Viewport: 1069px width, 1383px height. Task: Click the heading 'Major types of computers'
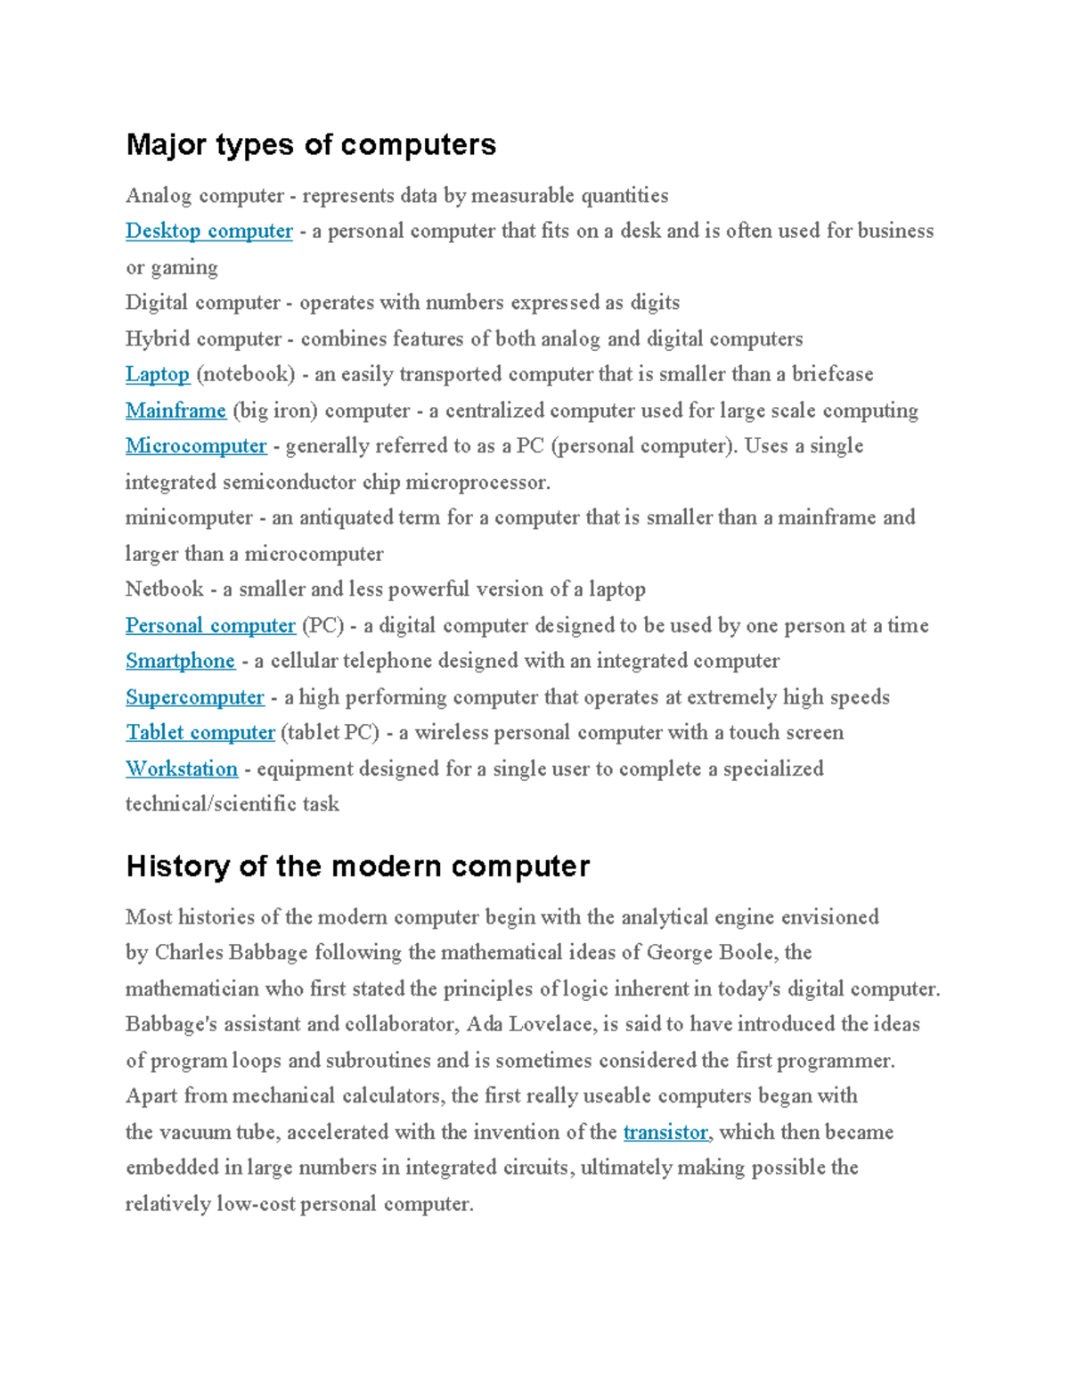[x=311, y=144]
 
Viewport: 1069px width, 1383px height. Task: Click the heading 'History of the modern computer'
[x=357, y=866]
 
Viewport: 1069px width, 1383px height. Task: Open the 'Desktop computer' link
[x=208, y=232]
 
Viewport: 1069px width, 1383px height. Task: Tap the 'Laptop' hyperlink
[x=158, y=375]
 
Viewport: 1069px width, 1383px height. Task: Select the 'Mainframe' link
[x=175, y=411]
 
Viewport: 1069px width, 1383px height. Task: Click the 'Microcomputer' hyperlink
[x=196, y=446]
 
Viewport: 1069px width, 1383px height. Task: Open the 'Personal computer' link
[x=210, y=626]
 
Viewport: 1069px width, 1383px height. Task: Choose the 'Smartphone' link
[x=180, y=662]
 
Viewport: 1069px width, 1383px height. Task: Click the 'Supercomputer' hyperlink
[x=194, y=697]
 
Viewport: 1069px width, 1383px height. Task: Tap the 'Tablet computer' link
[x=200, y=733]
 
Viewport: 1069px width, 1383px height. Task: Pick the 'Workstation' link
[x=182, y=769]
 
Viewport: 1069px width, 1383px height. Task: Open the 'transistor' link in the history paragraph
[x=665, y=1133]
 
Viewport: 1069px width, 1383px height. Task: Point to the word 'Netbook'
[x=165, y=590]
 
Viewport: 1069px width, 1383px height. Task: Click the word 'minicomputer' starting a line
[x=189, y=518]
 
